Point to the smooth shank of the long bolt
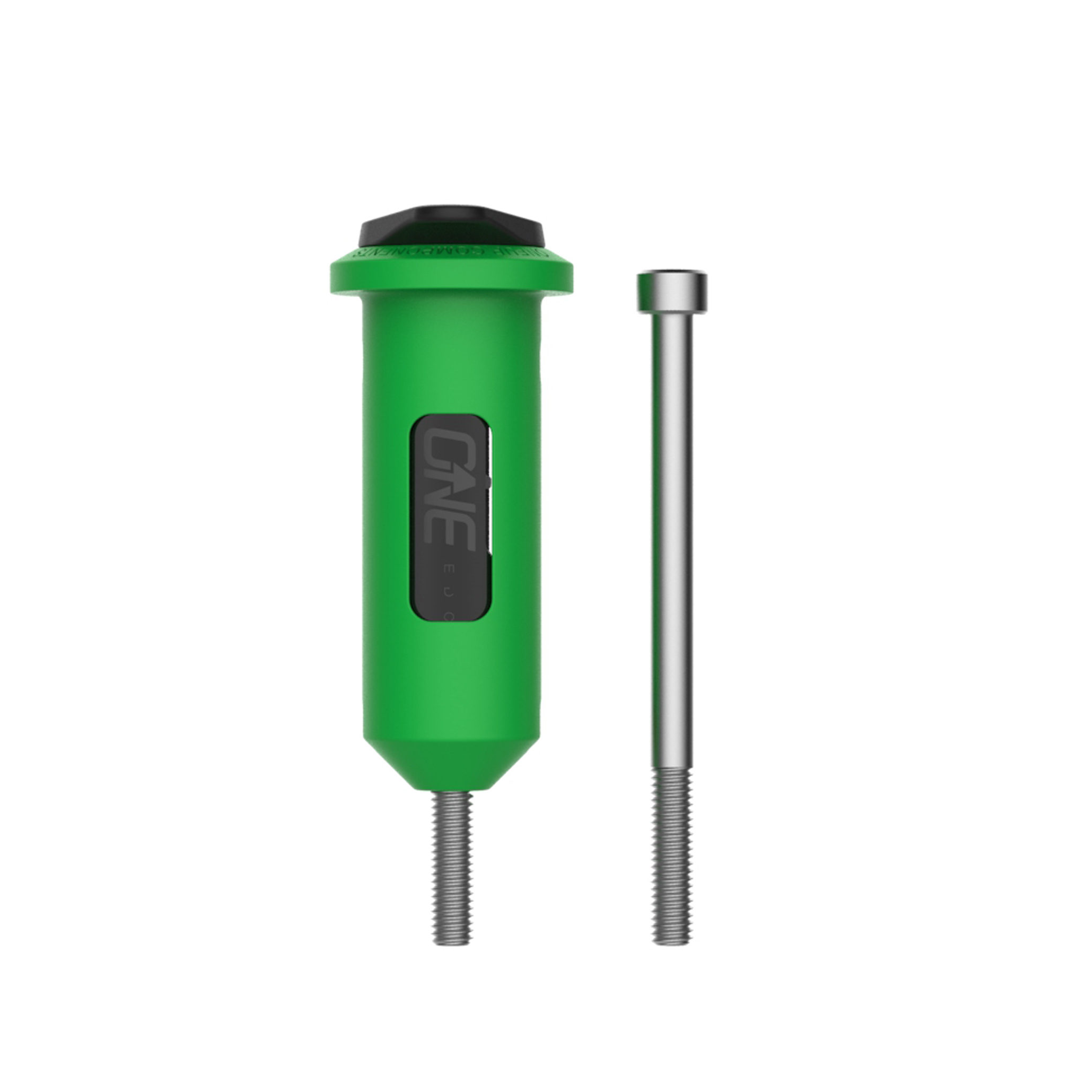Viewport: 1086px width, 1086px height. tap(672, 534)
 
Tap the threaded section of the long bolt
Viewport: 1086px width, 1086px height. tap(672, 854)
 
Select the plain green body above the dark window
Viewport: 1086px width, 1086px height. tap(451, 360)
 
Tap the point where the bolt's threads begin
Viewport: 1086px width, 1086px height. tap(672, 770)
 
